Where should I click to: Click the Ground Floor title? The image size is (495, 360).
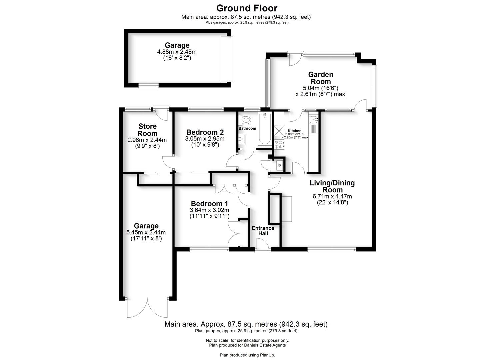pyautogui.click(x=247, y=8)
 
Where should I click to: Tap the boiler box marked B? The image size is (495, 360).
pyautogui.click(x=279, y=165)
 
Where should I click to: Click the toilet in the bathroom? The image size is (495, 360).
pyautogui.click(x=246, y=120)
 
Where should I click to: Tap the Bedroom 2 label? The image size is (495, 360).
pyautogui.click(x=205, y=132)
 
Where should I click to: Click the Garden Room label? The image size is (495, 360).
pyautogui.click(x=320, y=78)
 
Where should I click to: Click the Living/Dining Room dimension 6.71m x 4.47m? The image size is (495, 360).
pyautogui.click(x=332, y=196)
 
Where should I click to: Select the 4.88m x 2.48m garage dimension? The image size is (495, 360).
pyautogui.click(x=177, y=52)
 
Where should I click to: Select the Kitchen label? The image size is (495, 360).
pyautogui.click(x=295, y=131)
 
